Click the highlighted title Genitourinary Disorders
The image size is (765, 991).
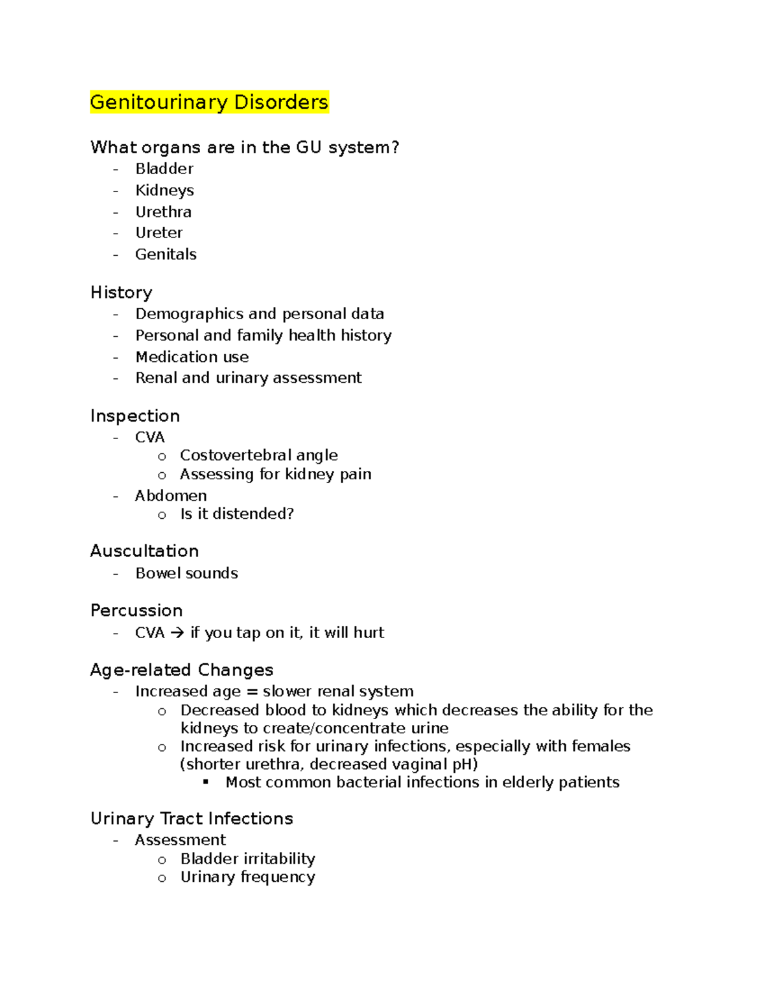[x=209, y=102]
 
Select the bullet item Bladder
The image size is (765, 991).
[x=164, y=169]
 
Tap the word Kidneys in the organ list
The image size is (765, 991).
[x=164, y=190]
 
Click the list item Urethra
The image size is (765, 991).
[x=163, y=212]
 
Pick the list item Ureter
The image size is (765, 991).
[x=159, y=233]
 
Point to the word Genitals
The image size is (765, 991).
[x=166, y=254]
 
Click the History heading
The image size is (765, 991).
[x=121, y=292]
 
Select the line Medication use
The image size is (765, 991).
[x=192, y=357]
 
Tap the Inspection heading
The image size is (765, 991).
[x=135, y=416]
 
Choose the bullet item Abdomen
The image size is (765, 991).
[x=170, y=496]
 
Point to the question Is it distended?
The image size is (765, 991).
[x=237, y=514]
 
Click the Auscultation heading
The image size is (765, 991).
[x=144, y=551]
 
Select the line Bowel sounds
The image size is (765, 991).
[x=186, y=573]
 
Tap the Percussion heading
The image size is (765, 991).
[x=136, y=611]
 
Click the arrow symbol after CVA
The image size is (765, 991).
[x=178, y=633]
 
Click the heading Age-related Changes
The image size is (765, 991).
[x=182, y=670]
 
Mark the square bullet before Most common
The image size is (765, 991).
[x=206, y=782]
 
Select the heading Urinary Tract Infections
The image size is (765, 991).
[x=191, y=819]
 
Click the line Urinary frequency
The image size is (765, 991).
[x=247, y=877]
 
